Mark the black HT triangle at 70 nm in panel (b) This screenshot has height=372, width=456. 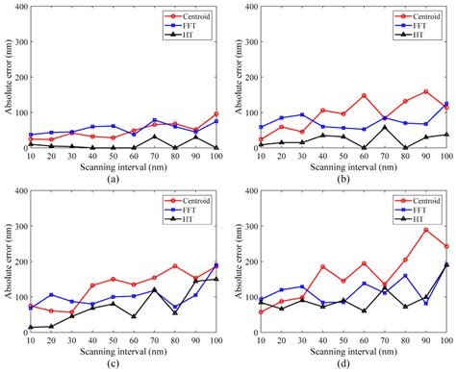point(385,127)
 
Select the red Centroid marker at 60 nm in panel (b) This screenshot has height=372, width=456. point(365,95)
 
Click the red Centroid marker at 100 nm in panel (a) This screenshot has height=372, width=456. point(217,114)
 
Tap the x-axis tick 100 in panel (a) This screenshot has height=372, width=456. point(216,158)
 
